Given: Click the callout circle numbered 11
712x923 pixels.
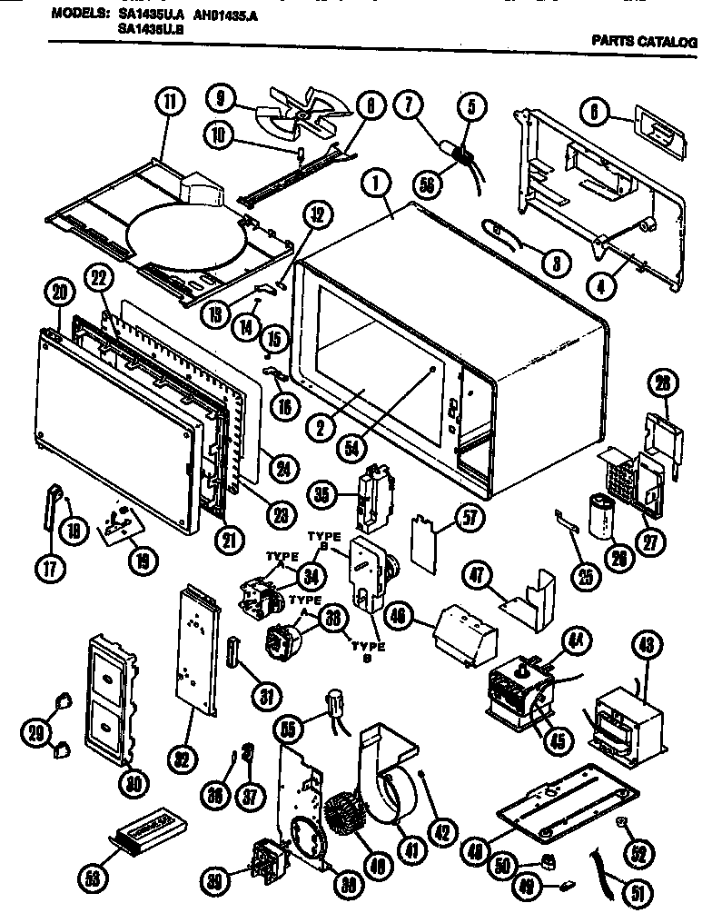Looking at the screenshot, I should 168,103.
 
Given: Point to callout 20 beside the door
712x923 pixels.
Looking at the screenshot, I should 59,293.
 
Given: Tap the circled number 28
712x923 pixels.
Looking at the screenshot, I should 661,382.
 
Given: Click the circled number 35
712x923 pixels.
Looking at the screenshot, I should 343,495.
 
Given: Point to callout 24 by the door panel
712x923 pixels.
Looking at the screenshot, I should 285,469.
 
